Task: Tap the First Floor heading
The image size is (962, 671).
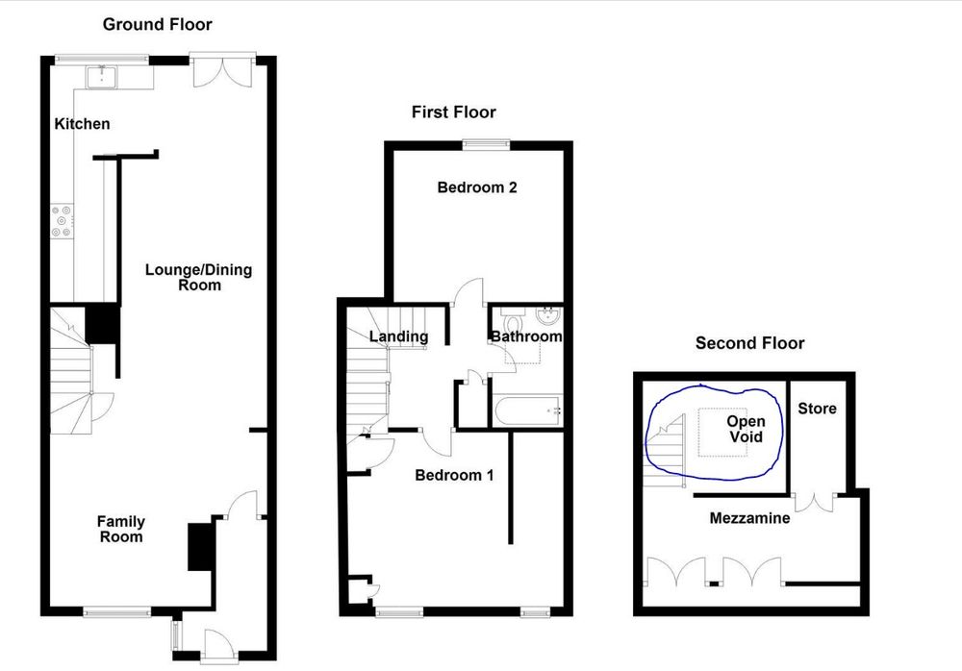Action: click(x=453, y=112)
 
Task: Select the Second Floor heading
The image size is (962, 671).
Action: click(x=749, y=343)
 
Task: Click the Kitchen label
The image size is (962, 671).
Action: click(x=82, y=124)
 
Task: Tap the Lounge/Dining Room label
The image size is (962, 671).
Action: click(x=198, y=277)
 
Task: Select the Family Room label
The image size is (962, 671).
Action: click(x=121, y=529)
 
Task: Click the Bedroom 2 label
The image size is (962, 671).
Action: click(x=477, y=187)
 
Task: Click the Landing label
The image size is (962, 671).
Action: click(x=398, y=336)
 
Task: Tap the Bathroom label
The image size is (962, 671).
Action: click(x=525, y=336)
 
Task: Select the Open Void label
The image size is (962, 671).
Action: click(x=746, y=429)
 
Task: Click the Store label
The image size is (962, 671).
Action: click(x=817, y=409)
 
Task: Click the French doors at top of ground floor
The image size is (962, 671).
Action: click(x=221, y=69)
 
